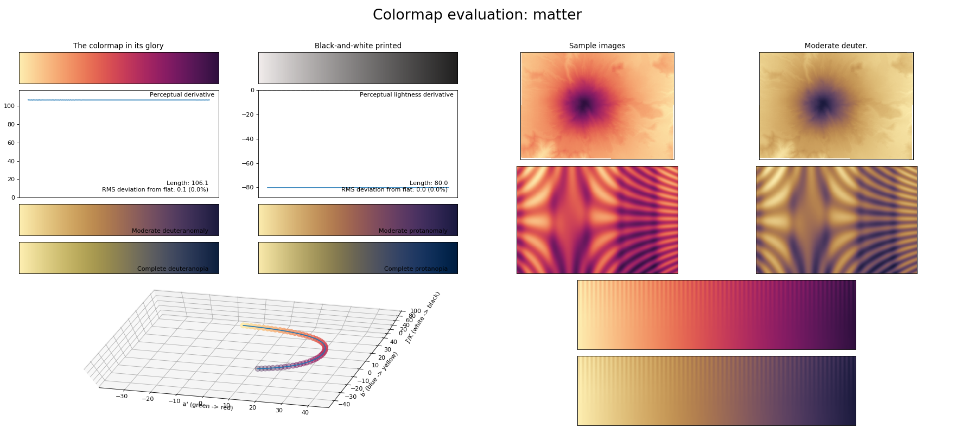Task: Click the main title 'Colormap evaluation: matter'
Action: (477, 15)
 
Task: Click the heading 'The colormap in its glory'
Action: (118, 46)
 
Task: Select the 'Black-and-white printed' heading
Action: (358, 46)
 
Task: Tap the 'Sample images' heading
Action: (597, 46)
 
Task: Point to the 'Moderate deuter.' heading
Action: (836, 46)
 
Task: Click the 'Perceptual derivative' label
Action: (182, 95)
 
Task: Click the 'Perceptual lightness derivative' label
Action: (406, 95)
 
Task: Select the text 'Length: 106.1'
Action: (187, 183)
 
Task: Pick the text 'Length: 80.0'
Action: (428, 183)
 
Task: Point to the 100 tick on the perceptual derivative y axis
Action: (9, 106)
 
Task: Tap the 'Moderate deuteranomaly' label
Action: (170, 231)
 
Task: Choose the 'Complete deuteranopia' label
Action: (173, 269)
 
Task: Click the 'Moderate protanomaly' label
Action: (413, 231)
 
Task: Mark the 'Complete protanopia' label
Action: (416, 269)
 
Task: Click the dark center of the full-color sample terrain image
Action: (584, 105)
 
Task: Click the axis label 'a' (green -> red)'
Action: (208, 406)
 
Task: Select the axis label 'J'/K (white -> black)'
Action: (423, 317)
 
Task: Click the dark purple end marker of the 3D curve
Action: (258, 368)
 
